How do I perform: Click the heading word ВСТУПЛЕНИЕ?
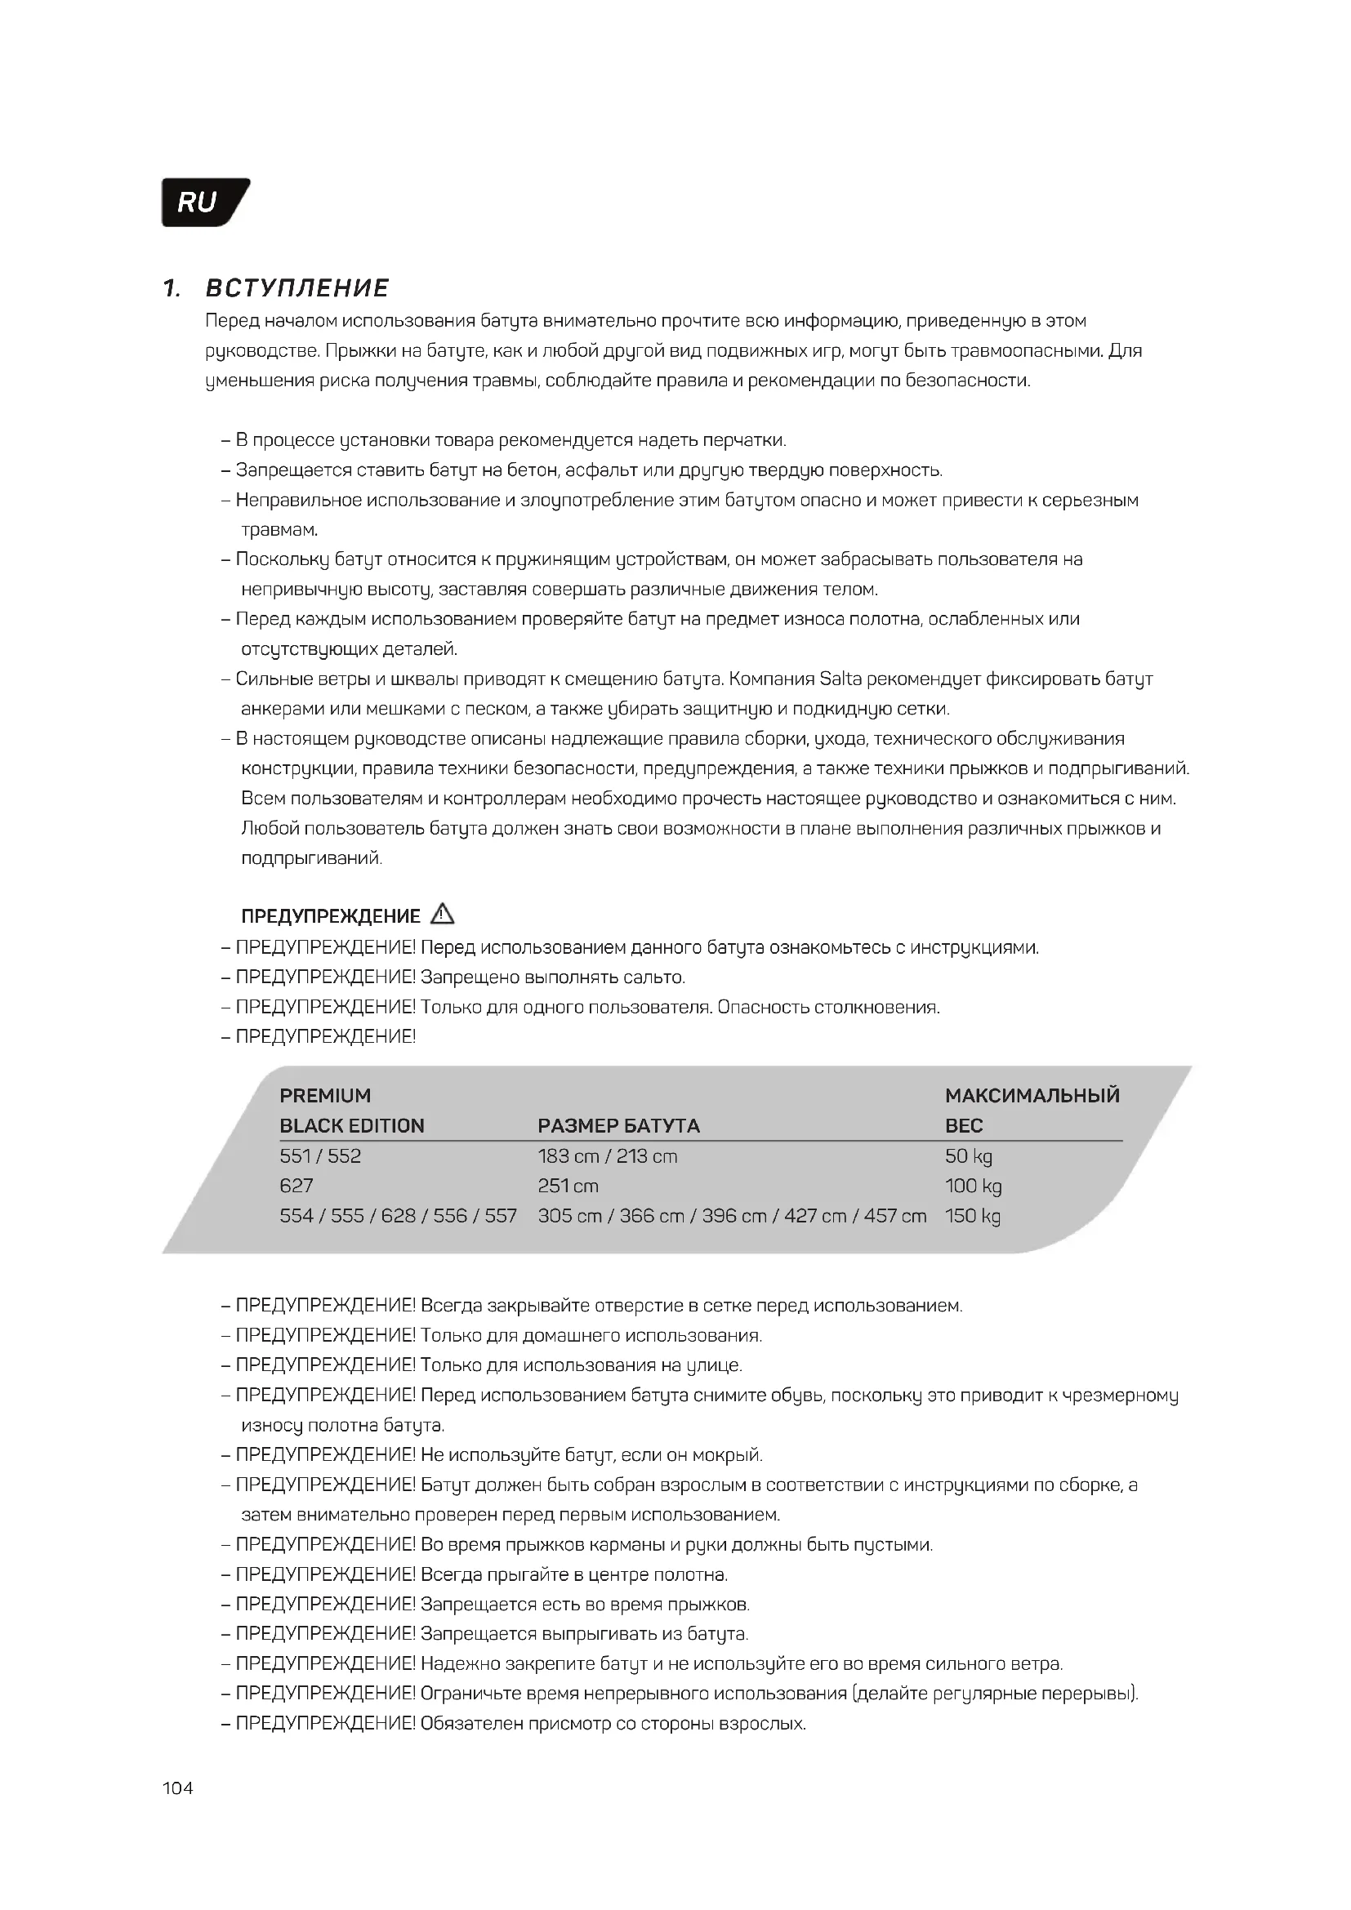297,288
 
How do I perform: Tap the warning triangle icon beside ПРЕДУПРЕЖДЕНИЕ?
443,915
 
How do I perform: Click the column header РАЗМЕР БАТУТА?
618,1125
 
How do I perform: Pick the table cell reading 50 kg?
969,1155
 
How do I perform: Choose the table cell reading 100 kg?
974,1186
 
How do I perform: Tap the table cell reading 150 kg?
973,1215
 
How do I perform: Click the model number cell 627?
297,1186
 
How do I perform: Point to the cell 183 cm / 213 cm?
607,1155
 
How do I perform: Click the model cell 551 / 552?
320,1155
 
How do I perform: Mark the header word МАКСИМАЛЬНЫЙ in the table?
1032,1096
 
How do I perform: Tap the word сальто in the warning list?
655,977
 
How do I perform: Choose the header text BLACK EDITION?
352,1125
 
